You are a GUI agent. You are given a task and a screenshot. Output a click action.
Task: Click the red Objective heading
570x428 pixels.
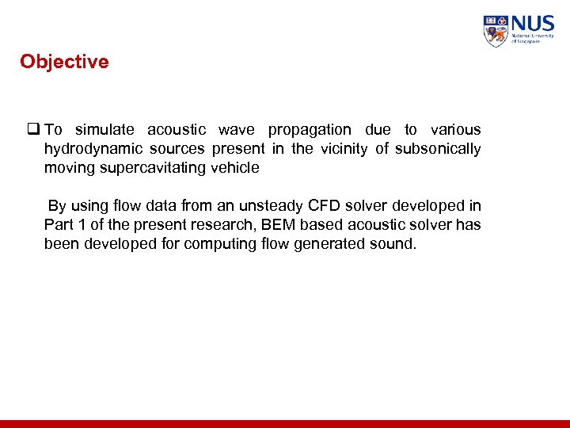click(64, 62)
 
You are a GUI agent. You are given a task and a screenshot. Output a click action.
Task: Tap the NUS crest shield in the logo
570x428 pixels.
click(496, 31)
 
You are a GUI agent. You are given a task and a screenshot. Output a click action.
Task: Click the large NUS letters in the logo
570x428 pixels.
click(533, 23)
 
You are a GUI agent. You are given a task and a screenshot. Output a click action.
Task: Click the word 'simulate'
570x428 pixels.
click(104, 130)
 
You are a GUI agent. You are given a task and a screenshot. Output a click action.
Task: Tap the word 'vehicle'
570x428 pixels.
click(235, 168)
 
